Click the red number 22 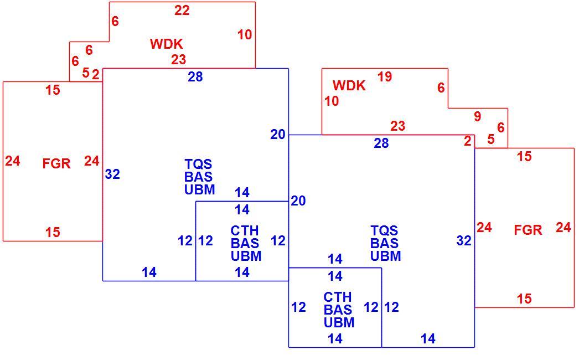coord(182,11)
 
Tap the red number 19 coord(384,76)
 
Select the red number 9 coord(478,116)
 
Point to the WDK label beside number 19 coord(349,85)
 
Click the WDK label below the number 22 coord(166,44)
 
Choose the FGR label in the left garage coord(56,163)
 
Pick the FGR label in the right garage coord(528,230)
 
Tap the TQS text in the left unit coord(198,164)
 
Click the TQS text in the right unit coord(384,230)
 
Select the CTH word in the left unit coord(245,230)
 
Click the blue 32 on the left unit coord(112,174)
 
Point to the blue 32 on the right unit coord(464,240)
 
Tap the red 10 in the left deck coord(245,35)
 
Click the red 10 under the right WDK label coord(332,101)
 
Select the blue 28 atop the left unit coord(195,76)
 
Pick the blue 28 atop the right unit coord(381,143)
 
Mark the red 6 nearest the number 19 coord(441,88)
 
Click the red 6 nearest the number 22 coord(115,21)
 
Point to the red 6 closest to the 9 coord(501,127)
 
